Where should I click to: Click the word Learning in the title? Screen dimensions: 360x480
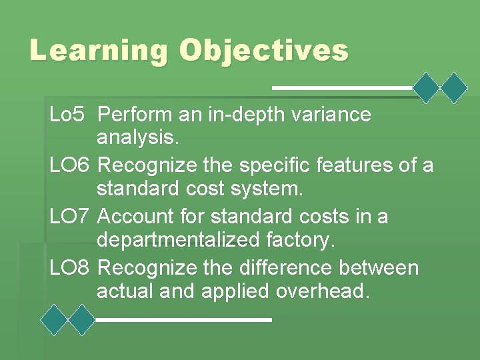coord(98,51)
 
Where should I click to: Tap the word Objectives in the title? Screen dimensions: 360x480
coord(263,51)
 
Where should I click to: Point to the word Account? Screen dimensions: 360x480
coord(136,217)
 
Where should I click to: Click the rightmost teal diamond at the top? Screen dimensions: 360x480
coord(455,87)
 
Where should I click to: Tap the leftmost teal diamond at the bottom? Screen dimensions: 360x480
coord(54,319)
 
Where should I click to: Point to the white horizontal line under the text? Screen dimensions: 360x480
coord(184,320)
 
